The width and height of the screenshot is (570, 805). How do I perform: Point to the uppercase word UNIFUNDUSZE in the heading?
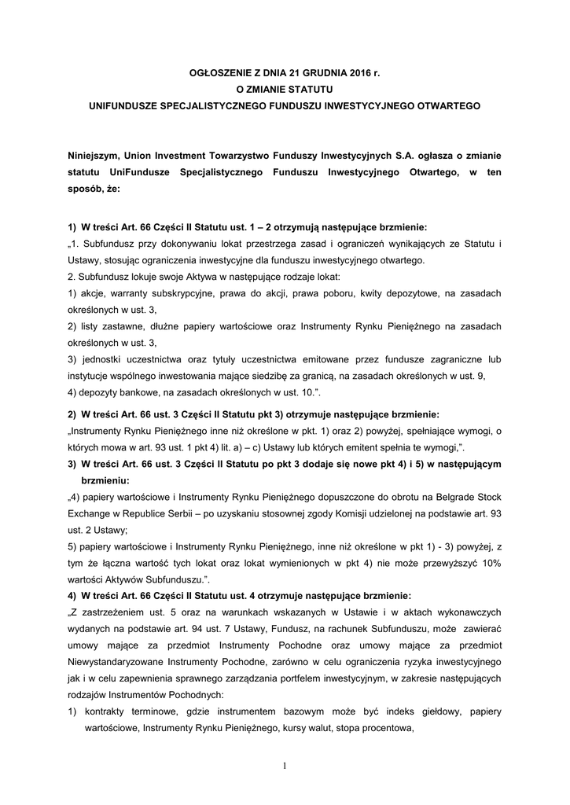126,105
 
